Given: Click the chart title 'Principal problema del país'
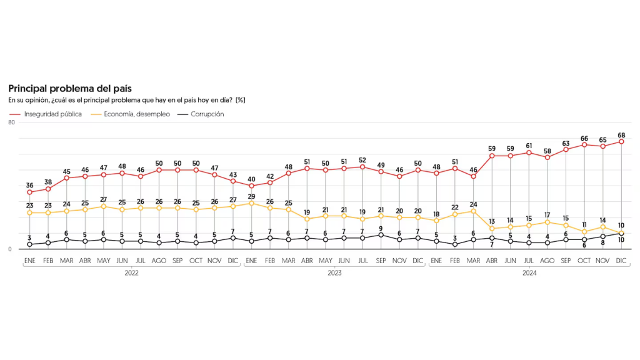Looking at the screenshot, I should pyautogui.click(x=69, y=89).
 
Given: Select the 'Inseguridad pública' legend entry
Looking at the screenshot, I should pyautogui.click(x=52, y=114).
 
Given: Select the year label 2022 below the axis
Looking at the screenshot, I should pyautogui.click(x=131, y=273).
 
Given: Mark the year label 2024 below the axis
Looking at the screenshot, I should pyautogui.click(x=529, y=273).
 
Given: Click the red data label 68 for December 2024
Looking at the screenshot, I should pyautogui.click(x=621, y=135).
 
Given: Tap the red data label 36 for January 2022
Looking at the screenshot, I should pyautogui.click(x=29, y=185).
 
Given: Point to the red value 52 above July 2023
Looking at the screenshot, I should pyautogui.click(x=362, y=160).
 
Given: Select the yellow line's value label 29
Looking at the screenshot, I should pyautogui.click(x=251, y=196).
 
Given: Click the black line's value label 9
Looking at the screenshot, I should pyautogui.click(x=381, y=228).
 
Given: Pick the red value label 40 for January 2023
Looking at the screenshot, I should pyautogui.click(x=251, y=179).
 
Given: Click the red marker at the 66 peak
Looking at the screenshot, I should pyautogui.click(x=584, y=145).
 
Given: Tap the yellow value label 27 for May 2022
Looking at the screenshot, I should pyautogui.click(x=104, y=199).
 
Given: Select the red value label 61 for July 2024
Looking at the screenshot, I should pyautogui.click(x=529, y=146).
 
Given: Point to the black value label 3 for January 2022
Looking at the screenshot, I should pyautogui.click(x=29, y=237).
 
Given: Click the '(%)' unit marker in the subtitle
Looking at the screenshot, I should pyautogui.click(x=241, y=100).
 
